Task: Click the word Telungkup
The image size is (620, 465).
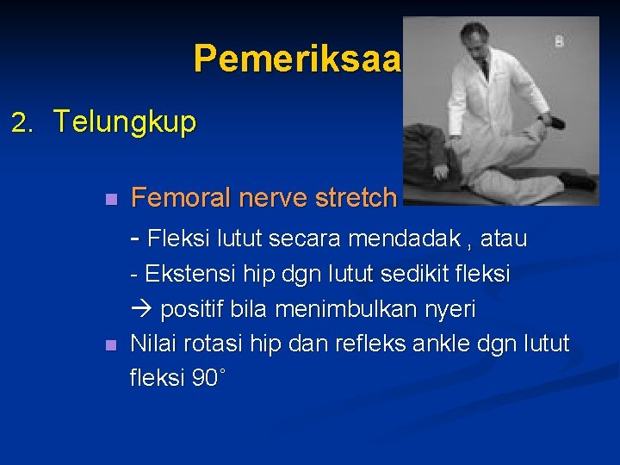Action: coord(124,121)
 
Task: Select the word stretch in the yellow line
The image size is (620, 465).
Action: coord(356,198)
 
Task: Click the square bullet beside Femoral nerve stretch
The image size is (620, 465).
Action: coord(108,200)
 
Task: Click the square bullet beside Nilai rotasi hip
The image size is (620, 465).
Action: coord(108,345)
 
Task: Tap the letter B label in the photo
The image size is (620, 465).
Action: coord(560,40)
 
